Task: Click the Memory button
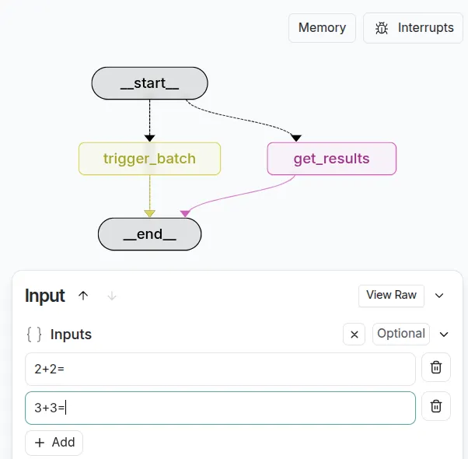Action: (322, 28)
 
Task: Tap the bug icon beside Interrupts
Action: (382, 28)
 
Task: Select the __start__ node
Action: (149, 83)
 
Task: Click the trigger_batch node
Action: (149, 159)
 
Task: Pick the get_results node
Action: (331, 159)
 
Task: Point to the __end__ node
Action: (149, 233)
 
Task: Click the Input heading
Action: (45, 296)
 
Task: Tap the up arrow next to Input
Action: (84, 296)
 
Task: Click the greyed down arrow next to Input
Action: (112, 296)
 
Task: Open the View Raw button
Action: (391, 295)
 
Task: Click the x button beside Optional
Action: (354, 335)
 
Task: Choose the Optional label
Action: (400, 334)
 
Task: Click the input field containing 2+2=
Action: (220, 369)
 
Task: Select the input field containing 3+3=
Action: (220, 408)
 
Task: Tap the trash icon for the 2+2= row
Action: (436, 367)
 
